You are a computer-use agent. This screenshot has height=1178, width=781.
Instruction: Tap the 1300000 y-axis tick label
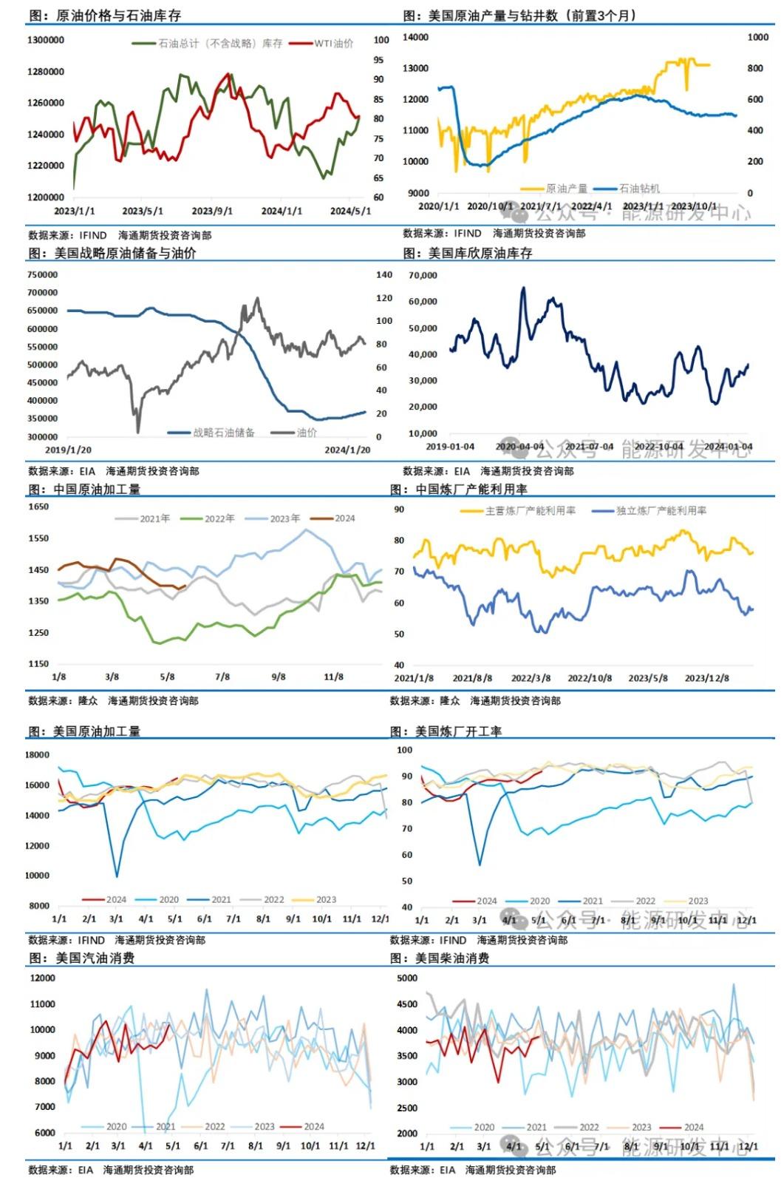coord(46,40)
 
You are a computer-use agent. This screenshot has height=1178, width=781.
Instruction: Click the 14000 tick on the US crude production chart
coord(415,37)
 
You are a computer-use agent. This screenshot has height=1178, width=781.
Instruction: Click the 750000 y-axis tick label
coord(42,274)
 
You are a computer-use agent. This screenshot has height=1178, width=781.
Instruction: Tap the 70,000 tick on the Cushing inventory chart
coord(423,276)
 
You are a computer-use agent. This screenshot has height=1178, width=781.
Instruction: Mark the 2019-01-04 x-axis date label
coord(450,447)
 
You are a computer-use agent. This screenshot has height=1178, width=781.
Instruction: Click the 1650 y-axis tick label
coord(38,507)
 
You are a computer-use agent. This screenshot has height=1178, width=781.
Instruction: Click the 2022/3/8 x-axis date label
coord(531,678)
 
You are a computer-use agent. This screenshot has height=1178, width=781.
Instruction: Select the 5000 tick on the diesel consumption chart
coord(407,978)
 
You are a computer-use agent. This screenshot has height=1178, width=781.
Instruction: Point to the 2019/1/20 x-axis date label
coord(68,450)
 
